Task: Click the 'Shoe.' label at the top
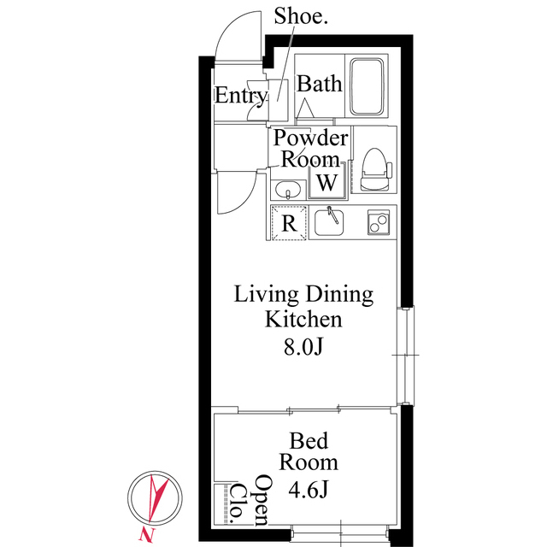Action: pyautogui.click(x=299, y=16)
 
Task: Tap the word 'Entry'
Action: pyautogui.click(x=241, y=96)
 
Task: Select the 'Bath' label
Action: pyautogui.click(x=320, y=84)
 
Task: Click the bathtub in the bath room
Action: pyautogui.click(x=369, y=86)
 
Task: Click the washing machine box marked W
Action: pyautogui.click(x=327, y=183)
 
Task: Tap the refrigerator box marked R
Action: pyautogui.click(x=290, y=224)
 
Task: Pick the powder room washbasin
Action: pyautogui.click(x=286, y=190)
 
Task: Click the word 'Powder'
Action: pyautogui.click(x=310, y=139)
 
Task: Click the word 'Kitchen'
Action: pyautogui.click(x=304, y=321)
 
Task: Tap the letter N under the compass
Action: pyautogui.click(x=140, y=535)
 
